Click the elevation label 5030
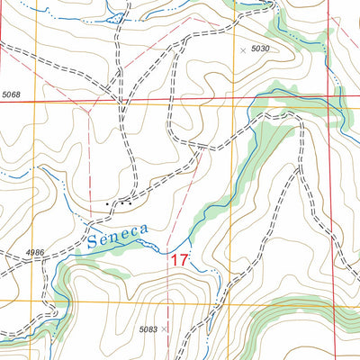click(x=260, y=49)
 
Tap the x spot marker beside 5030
click(x=242, y=49)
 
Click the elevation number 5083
click(x=148, y=330)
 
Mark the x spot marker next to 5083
click(x=165, y=330)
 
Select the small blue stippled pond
click(x=114, y=15)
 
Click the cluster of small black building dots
click(x=121, y=203)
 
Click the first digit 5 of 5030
click(x=253, y=49)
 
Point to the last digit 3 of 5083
click(x=156, y=330)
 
